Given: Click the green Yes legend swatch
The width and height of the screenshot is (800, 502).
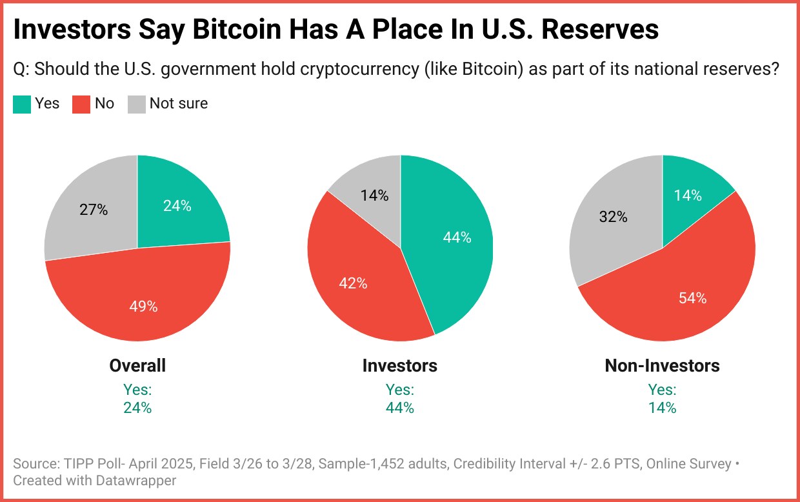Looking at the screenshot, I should (22, 104).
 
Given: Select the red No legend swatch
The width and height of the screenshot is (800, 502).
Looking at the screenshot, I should (81, 104).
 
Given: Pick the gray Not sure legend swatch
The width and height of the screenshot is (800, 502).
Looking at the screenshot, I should (136, 104).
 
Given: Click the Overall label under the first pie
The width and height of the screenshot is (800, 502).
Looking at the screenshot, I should (137, 366).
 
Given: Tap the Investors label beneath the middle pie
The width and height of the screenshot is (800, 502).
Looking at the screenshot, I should (400, 366).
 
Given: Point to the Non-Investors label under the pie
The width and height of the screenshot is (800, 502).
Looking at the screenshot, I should (662, 366).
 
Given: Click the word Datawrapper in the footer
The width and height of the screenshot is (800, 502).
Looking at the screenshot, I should (139, 481).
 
